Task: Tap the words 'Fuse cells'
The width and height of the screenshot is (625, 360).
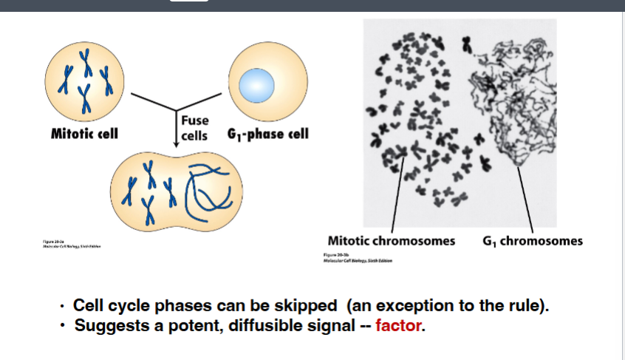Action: (x=194, y=127)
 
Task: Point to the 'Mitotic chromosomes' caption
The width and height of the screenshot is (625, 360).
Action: (x=391, y=241)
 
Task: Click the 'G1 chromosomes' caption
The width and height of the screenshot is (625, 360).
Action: (x=532, y=241)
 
